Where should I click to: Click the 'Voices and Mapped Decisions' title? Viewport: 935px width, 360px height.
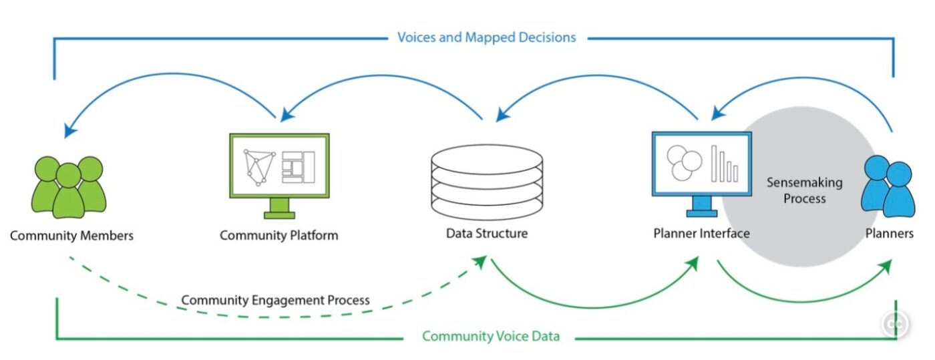(x=486, y=37)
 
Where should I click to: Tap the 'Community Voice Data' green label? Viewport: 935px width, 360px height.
(x=490, y=336)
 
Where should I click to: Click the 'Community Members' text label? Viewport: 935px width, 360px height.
(x=71, y=236)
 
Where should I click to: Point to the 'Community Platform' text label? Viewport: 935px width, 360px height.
(x=278, y=236)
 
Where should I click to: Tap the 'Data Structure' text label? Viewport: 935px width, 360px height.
(x=486, y=234)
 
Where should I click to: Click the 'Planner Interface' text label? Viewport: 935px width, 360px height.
(x=701, y=234)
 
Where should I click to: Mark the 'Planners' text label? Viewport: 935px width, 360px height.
(x=889, y=234)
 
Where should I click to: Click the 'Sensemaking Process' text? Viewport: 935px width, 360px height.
(x=804, y=190)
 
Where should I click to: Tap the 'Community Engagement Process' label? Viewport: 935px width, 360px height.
(x=275, y=300)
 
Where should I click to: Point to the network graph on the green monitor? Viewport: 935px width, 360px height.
(x=260, y=166)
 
